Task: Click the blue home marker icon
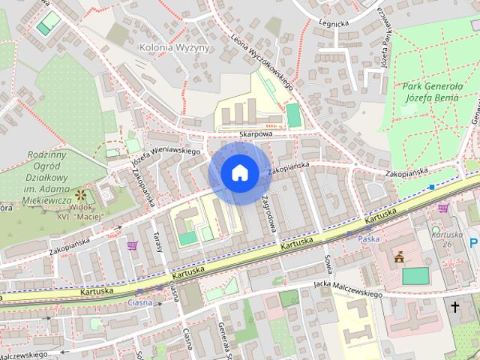tap(239, 173)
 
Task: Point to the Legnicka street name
tap(334, 23)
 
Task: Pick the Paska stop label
tap(369, 239)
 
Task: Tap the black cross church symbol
tap(454, 306)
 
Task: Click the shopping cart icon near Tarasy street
tap(133, 245)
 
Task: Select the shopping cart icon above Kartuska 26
tap(443, 208)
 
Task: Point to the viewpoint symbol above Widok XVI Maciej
tap(79, 195)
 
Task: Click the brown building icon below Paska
tap(399, 257)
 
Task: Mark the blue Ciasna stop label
tap(140, 302)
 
